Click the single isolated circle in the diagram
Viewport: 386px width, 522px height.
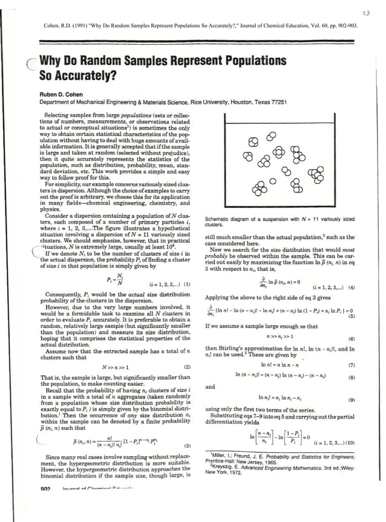click(273, 180)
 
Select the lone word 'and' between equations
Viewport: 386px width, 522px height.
click(210, 387)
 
